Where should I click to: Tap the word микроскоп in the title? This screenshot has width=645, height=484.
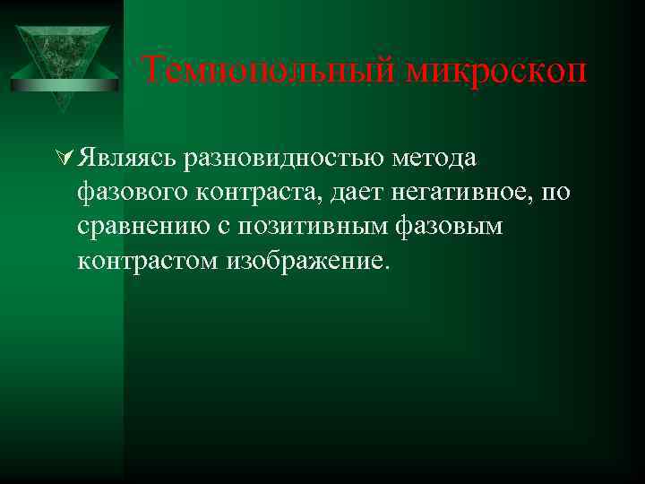point(497,69)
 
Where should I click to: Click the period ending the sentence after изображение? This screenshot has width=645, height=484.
point(387,268)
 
